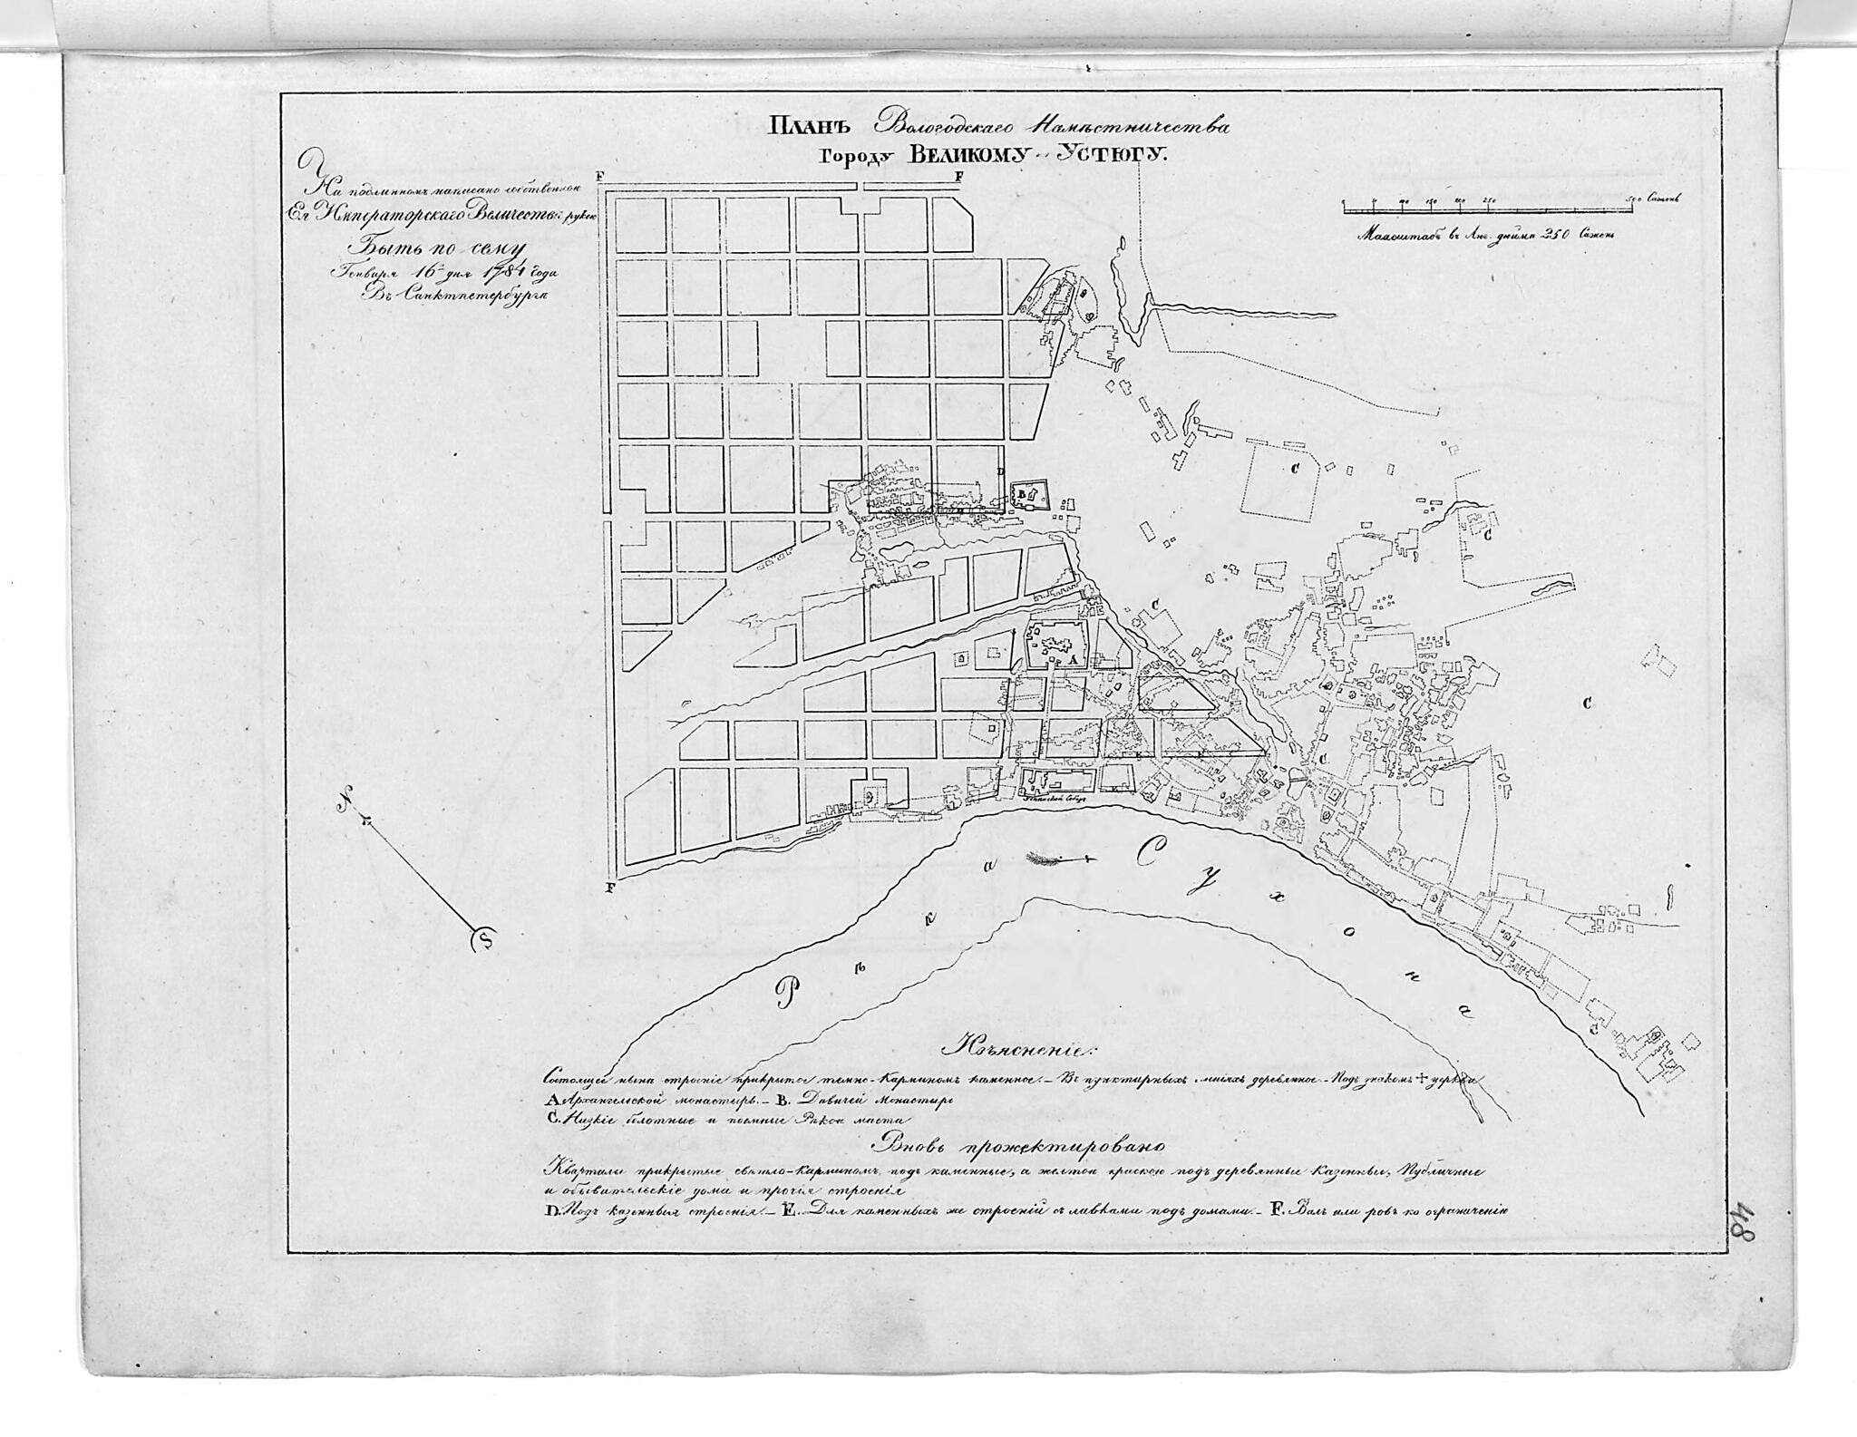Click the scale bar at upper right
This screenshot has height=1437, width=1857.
tap(1486, 207)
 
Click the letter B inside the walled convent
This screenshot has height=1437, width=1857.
tap(1022, 492)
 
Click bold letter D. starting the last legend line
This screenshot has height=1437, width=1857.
tap(549, 1209)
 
